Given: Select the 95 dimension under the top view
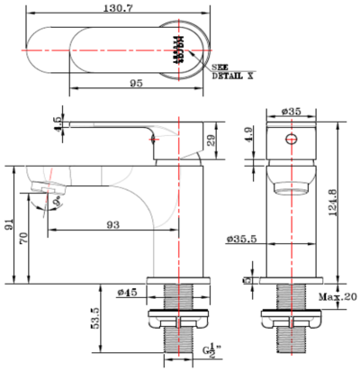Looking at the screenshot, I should pos(137,82).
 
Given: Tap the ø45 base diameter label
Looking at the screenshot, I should pos(127,292).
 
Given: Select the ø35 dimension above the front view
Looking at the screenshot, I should pos(290,111).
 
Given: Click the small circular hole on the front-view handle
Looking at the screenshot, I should pos(290,140).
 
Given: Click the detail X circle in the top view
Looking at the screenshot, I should pos(177,43).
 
